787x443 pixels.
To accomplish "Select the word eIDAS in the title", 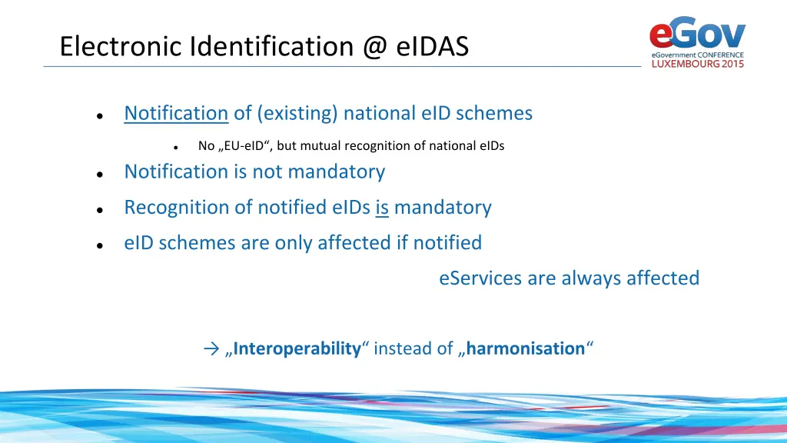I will tap(433, 47).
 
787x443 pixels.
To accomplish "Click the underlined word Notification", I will tap(176, 113).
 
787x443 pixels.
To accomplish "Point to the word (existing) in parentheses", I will tap(297, 113).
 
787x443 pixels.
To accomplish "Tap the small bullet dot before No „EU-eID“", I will tap(175, 147).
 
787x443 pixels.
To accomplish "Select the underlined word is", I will tap(382, 208).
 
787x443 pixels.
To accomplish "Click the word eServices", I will tap(480, 278).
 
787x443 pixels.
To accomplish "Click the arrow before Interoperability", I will tap(212, 349).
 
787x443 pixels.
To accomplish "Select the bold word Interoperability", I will tap(297, 349).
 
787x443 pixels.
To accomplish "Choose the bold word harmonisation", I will tap(526, 349).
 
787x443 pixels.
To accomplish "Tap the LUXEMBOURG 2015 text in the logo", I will tap(698, 65).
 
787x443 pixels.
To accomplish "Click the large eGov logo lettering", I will tap(697, 35).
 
